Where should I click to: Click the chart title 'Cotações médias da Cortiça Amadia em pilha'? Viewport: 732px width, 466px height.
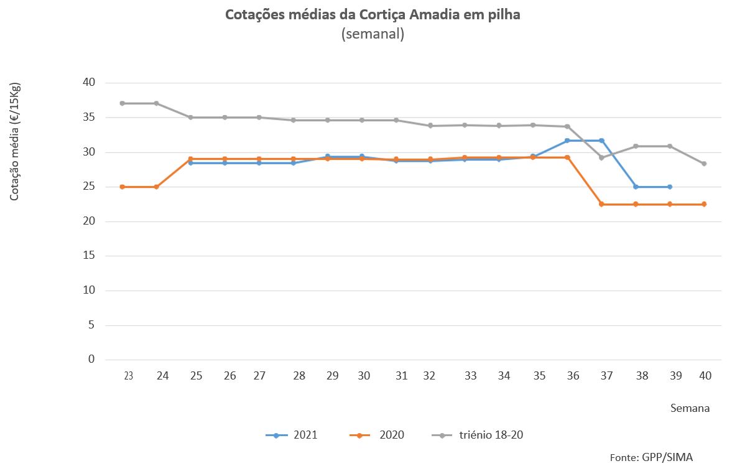(x=373, y=16)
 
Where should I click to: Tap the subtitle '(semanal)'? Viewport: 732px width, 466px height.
(x=373, y=34)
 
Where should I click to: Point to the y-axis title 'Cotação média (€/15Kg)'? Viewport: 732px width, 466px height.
(x=15, y=141)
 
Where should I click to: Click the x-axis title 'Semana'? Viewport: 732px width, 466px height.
(x=690, y=409)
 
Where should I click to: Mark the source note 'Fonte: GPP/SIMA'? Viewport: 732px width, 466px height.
(x=651, y=457)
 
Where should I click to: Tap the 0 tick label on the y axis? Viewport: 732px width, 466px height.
(x=91, y=360)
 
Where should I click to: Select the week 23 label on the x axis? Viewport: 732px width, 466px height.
(x=129, y=376)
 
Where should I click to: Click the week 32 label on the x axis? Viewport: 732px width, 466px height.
(x=429, y=376)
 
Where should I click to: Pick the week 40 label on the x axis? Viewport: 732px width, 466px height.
(x=705, y=376)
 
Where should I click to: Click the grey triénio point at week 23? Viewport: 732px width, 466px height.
(x=122, y=103)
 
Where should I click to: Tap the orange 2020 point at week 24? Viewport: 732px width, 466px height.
(x=156, y=187)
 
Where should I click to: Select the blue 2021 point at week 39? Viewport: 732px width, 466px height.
(x=670, y=187)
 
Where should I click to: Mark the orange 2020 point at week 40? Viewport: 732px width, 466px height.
(x=704, y=204)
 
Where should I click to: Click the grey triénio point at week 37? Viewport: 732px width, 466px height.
(x=601, y=157)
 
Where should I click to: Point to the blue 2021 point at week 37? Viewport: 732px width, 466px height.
(x=601, y=141)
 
